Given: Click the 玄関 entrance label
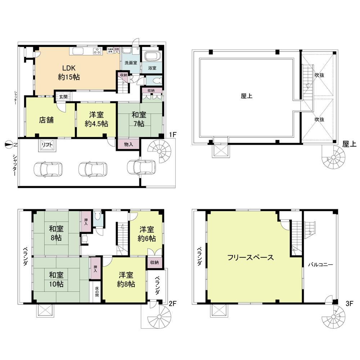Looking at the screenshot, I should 63,96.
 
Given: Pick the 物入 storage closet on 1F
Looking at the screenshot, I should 128,144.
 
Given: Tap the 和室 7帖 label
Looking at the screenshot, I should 139,119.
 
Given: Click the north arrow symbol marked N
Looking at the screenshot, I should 10,145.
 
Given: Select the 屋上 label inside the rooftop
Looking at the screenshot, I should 246,96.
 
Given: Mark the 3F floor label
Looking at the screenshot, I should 348,303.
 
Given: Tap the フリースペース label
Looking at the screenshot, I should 251,257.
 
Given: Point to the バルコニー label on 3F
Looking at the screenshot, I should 320,265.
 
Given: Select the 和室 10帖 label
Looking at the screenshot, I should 57,279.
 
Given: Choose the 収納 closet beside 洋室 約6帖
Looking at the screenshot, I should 155,262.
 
